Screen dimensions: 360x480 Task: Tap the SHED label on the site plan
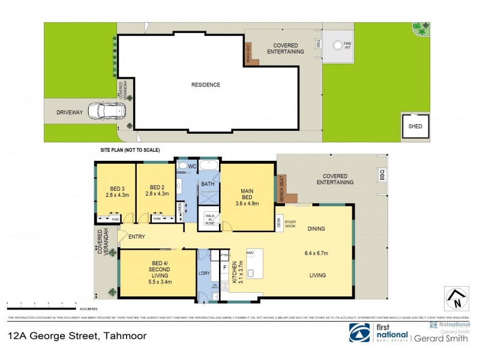415,127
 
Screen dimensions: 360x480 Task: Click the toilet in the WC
184,166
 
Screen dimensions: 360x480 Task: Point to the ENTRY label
136,237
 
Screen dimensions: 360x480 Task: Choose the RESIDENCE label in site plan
205,85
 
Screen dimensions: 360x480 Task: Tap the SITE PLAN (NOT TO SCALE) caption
129,150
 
